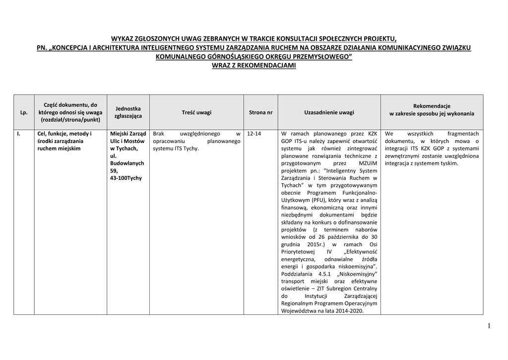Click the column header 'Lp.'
click(23, 113)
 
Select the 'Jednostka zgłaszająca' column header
click(128, 112)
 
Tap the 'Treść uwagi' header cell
click(196, 113)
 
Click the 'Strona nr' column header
click(260, 113)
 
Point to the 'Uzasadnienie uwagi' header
click(329, 113)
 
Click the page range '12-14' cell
click(254, 134)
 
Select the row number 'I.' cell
click(19, 134)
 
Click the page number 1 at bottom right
click(489, 326)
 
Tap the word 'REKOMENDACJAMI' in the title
click(267, 65)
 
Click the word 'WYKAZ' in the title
click(123, 39)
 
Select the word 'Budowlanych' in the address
click(127, 163)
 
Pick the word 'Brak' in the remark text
click(158, 134)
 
